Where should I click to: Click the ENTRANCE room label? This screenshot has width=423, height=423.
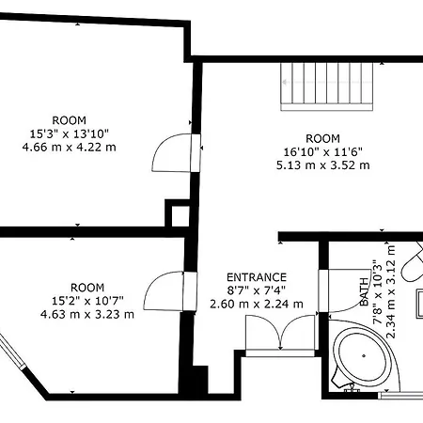(257, 277)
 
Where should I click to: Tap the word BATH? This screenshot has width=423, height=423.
(364, 291)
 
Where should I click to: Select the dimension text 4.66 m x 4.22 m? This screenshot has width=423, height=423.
(69, 147)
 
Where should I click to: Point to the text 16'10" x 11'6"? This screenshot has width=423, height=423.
(322, 152)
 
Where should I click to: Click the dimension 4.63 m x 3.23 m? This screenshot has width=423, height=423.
(87, 314)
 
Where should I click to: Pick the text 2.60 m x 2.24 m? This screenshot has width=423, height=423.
(257, 304)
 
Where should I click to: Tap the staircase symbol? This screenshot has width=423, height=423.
(327, 86)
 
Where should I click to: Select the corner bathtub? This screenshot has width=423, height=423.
(364, 355)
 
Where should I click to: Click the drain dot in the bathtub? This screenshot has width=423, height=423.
(364, 355)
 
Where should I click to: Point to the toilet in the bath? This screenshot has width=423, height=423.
(413, 263)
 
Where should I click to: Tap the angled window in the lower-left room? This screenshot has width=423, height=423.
(12, 351)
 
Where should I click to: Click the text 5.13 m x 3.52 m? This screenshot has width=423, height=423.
(322, 165)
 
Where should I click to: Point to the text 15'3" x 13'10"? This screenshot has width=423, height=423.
(69, 133)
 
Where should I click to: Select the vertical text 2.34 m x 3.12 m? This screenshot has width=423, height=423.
(391, 291)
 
